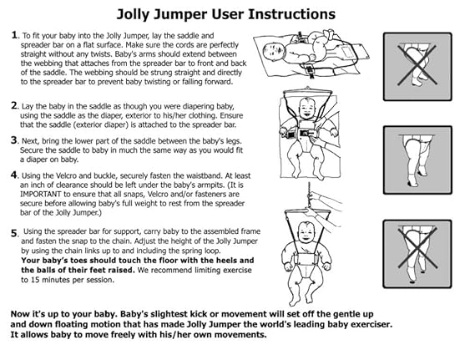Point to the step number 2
14,105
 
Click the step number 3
14,139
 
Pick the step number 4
14,175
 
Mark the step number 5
14,232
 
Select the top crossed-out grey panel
417,68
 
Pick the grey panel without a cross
417,160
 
